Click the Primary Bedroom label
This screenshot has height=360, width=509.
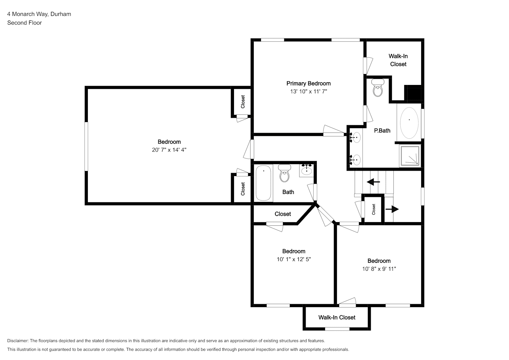308,84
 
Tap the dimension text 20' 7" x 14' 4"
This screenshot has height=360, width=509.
169,150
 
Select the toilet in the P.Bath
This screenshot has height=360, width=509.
378,87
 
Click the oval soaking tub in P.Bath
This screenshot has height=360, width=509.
409,123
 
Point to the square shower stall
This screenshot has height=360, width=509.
410,156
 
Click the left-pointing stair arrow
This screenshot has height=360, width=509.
373,182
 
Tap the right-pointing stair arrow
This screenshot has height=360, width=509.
392,209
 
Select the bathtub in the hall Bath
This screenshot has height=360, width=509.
263,183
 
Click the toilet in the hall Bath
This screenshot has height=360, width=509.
284,173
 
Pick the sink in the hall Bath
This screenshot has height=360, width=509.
307,170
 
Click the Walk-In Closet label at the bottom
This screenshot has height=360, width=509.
337,318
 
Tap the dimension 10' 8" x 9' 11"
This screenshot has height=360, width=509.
379,269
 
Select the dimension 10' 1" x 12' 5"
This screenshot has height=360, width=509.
294,259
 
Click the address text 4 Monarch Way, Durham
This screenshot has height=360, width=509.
39,14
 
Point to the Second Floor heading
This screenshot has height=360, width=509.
24,23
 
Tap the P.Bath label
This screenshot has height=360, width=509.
382,131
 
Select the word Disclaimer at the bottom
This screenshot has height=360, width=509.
18,341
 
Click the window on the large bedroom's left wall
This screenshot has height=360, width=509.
86,147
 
